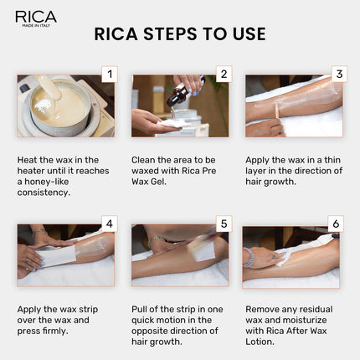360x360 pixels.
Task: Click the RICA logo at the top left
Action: click(34, 18)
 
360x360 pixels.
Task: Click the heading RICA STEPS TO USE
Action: click(180, 34)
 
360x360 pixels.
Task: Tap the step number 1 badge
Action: click(107, 75)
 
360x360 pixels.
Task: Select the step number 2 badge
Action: click(222, 75)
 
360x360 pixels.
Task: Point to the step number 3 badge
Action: click(339, 75)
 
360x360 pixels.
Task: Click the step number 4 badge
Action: click(108, 224)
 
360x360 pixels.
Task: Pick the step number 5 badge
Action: click(222, 224)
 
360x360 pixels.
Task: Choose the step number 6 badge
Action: click(336, 224)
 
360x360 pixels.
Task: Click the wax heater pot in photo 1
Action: click(57, 109)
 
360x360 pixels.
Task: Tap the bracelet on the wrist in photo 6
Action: click(249, 256)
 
